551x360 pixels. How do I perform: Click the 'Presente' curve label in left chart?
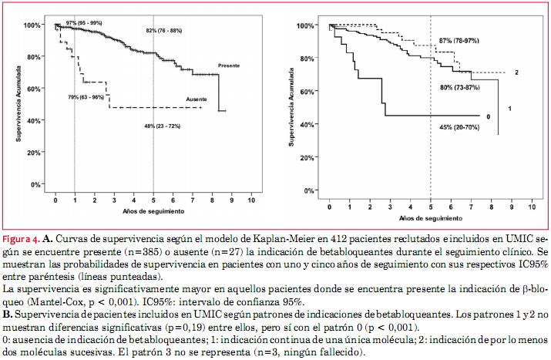click(x=230, y=65)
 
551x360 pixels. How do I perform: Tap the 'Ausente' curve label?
click(x=198, y=99)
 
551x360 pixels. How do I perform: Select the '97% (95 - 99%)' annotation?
click(x=83, y=24)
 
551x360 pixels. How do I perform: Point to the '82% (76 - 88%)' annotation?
click(x=163, y=30)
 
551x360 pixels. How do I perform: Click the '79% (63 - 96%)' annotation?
click(x=86, y=96)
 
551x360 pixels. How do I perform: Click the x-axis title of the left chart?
click(x=152, y=210)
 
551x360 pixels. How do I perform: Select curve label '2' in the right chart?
click(x=516, y=72)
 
